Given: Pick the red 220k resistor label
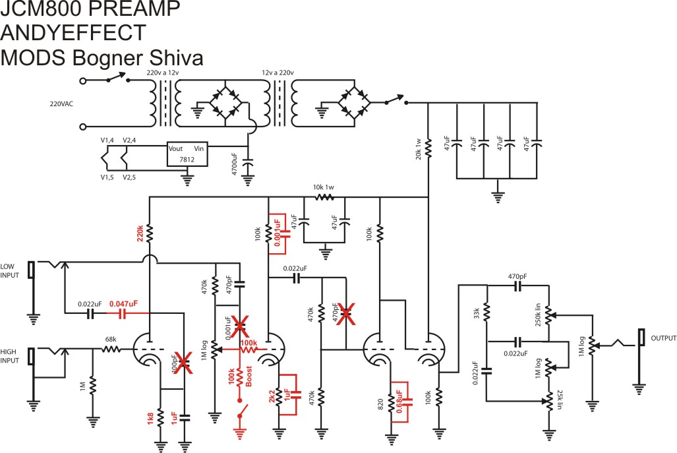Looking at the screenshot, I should coord(140,233).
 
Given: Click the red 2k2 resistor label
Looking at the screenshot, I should coord(270,397).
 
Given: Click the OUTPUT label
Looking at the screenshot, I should coord(663,338).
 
